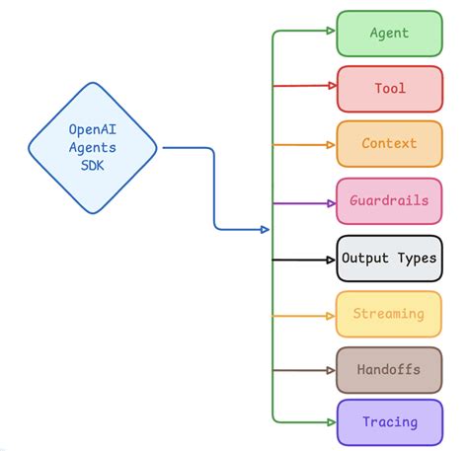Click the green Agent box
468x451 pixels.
click(389, 33)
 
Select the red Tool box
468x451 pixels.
click(389, 89)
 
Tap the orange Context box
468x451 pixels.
click(389, 144)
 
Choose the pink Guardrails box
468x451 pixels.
click(389, 201)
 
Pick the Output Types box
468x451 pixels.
click(389, 259)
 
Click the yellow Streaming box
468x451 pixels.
click(389, 315)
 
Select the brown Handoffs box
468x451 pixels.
click(389, 370)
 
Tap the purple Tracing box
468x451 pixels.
click(389, 422)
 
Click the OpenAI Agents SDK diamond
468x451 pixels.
click(92, 148)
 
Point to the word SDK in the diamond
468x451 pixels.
click(92, 166)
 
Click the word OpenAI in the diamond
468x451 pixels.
click(92, 129)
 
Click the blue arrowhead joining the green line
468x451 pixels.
click(264, 230)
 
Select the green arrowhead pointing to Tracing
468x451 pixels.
click(329, 421)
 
